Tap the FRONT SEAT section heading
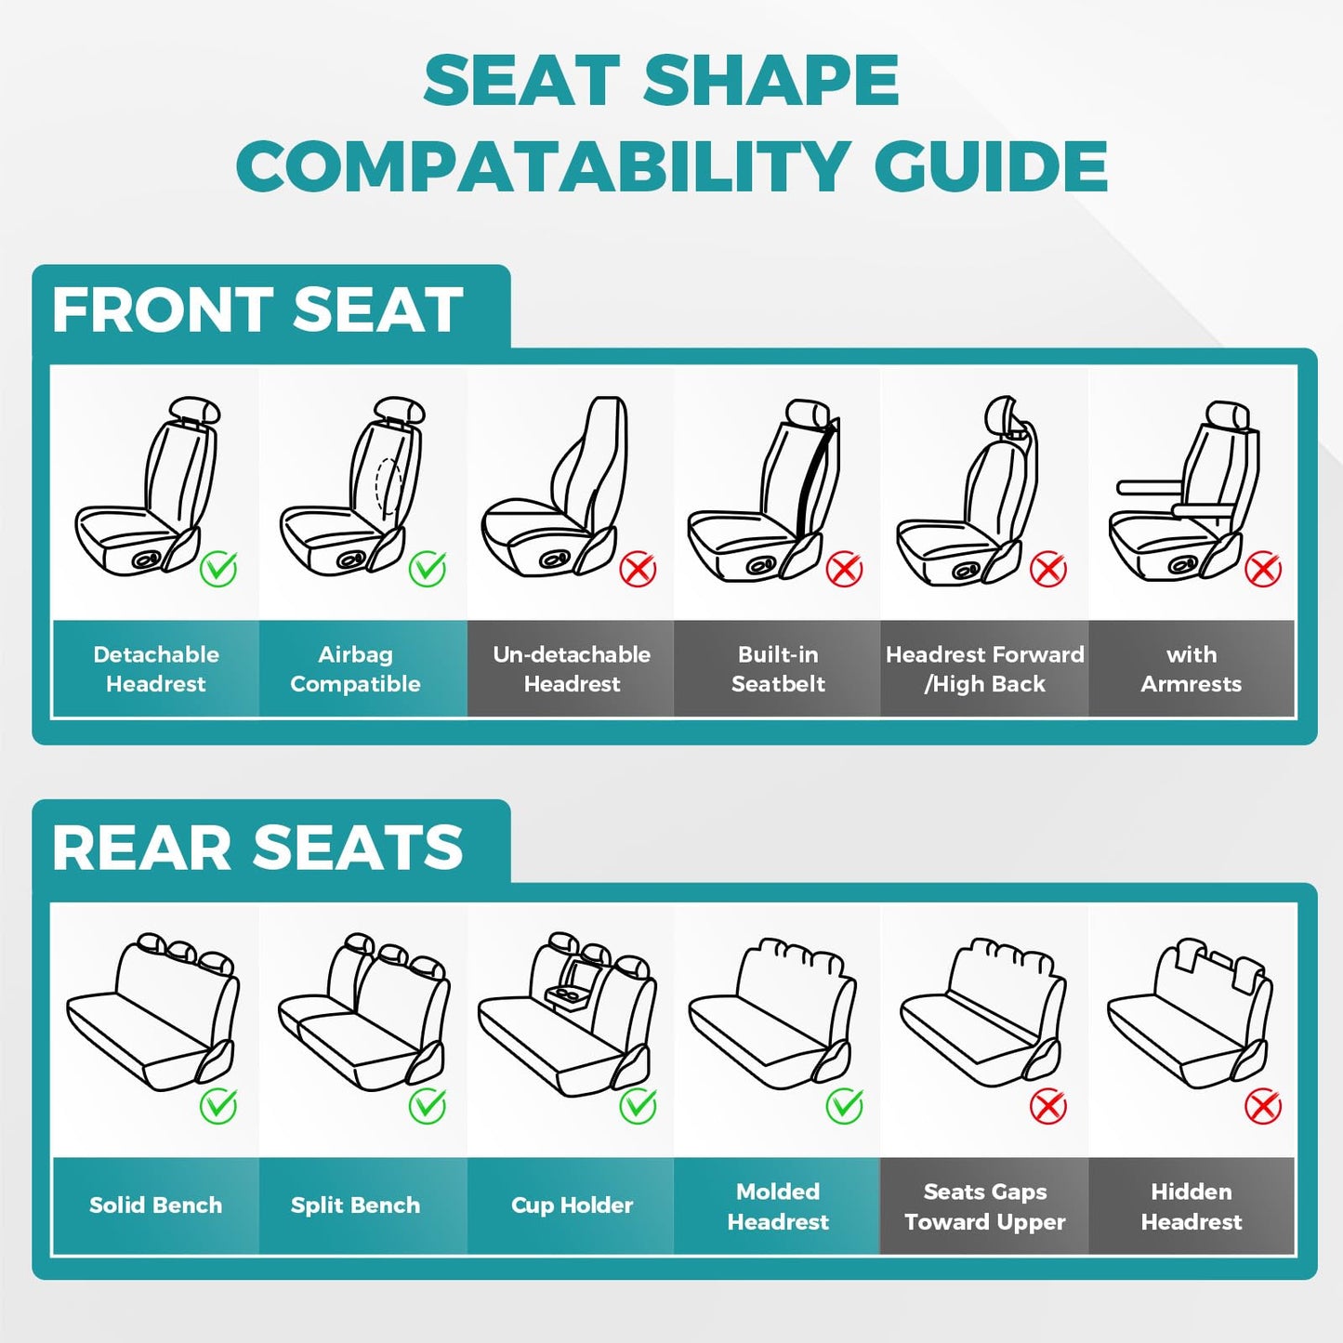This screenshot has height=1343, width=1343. (257, 309)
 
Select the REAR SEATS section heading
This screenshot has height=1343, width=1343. (257, 848)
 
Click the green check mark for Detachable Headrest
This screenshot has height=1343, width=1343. (218, 568)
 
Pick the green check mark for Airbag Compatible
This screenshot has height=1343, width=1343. (428, 568)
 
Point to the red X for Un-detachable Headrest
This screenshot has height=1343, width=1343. (638, 569)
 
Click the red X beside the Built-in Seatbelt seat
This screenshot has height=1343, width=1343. (844, 569)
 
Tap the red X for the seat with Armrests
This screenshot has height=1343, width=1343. (1262, 569)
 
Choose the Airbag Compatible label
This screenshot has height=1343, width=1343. (355, 669)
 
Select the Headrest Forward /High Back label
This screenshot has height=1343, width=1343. (984, 669)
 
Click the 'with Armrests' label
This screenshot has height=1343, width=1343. (1191, 669)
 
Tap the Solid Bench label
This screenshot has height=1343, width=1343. (155, 1205)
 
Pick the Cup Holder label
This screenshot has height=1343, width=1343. (572, 1205)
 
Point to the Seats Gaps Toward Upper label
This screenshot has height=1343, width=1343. (984, 1206)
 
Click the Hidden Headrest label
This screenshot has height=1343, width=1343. (1191, 1206)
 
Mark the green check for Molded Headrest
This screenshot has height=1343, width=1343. (844, 1105)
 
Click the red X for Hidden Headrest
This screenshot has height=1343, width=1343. (1262, 1106)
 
